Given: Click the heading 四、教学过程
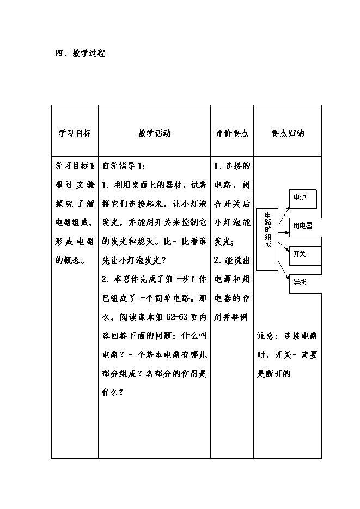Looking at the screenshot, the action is tap(81, 53).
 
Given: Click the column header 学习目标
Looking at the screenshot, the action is tap(75, 133).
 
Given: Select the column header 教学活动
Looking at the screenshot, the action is tap(154, 133).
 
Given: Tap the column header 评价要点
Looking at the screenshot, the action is tap(232, 133).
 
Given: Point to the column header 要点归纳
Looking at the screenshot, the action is tap(287, 133).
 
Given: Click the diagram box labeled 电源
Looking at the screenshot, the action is tap(303, 199).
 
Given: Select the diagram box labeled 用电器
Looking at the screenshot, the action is tap(306, 227).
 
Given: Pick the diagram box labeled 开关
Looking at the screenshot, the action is tap(305, 256).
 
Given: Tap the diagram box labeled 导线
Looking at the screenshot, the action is tap(306, 284).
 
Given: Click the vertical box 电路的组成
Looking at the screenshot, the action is tap(267, 240).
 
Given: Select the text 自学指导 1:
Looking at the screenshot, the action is tap(124, 166).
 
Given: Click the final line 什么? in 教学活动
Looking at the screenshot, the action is tap(113, 392).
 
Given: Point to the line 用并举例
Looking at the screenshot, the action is tap(231, 317).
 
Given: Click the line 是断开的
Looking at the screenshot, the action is tap(273, 373).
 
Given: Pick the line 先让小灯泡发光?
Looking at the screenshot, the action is tap(134, 260).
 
